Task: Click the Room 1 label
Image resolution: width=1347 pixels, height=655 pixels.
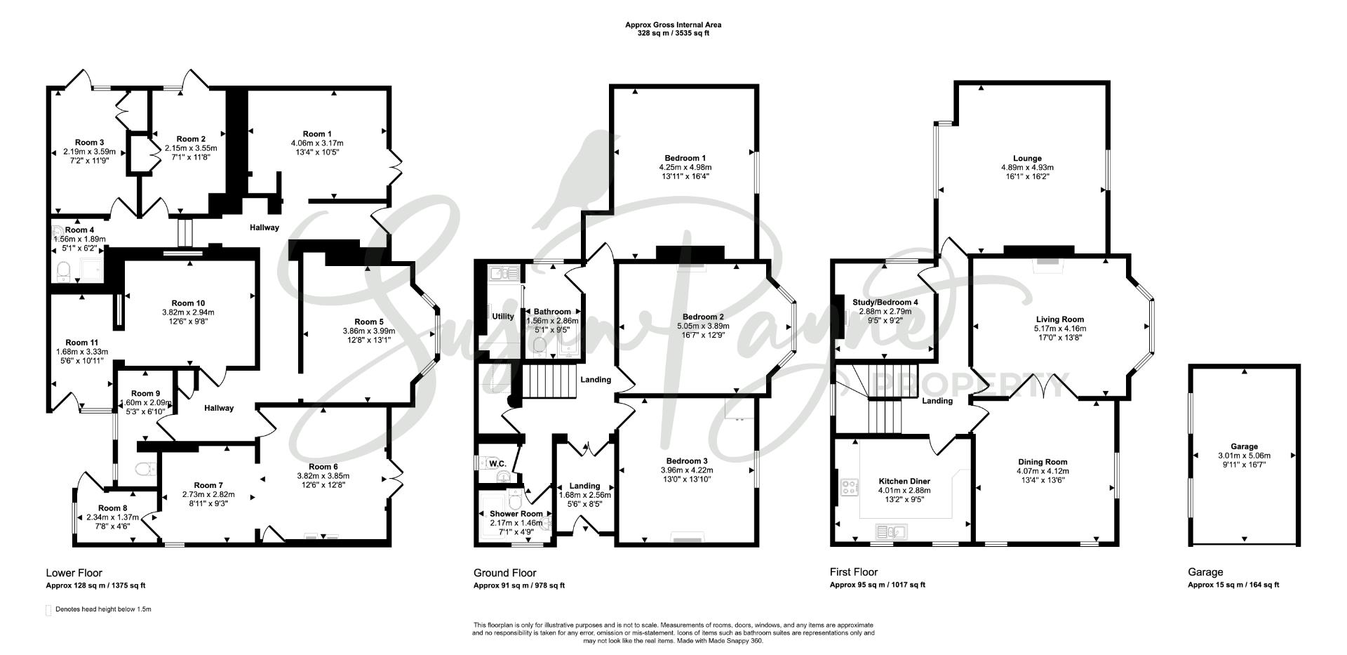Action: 317,134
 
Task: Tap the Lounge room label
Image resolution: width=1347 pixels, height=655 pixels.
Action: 1027,159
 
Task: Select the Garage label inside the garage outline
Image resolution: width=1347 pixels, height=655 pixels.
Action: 1244,446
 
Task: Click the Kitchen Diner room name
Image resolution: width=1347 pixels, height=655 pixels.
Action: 904,482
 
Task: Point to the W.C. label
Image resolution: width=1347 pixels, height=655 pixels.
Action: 497,464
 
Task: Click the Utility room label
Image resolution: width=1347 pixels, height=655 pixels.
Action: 503,317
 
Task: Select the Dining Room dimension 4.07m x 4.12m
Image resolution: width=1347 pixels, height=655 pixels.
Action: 1043,471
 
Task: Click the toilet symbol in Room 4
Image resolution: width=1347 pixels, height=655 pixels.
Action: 64,270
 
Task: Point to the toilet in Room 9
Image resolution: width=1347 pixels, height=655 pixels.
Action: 146,469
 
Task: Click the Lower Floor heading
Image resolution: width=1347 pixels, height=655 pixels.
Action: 74,573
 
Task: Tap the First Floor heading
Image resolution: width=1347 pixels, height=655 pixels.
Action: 854,572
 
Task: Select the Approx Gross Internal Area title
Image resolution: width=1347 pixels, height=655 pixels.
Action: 673,25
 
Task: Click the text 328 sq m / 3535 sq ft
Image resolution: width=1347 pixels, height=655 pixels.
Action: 673,33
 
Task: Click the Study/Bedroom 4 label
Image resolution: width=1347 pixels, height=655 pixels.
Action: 885,303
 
